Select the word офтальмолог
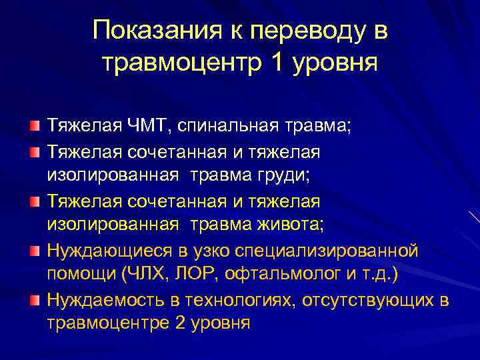266,274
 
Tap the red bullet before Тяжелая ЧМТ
34,125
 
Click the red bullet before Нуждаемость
34,299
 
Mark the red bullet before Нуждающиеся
34,249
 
